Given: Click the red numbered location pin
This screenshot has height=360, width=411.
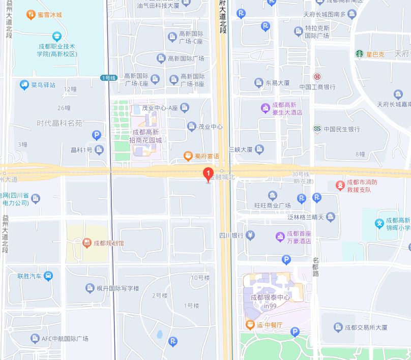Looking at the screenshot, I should point(208,174).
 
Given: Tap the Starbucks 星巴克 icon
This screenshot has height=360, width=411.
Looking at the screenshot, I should point(359,53).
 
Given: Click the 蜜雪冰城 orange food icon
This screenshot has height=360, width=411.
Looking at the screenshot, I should point(31,15).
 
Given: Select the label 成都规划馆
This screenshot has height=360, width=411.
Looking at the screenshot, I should point(108,243).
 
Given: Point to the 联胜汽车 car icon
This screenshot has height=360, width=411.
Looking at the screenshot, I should point(48,276).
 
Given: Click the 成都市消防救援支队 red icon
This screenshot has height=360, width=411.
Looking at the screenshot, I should point(340,186).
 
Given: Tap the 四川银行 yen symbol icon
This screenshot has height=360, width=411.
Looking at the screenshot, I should point(250,235).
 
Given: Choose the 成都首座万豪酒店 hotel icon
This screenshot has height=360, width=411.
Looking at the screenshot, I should point(279,236).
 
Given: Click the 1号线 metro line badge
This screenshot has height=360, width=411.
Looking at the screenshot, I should point(109,78).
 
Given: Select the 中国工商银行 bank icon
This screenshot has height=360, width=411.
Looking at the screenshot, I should point(317,77).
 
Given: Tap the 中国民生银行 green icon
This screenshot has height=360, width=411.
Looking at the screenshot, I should point(317,129).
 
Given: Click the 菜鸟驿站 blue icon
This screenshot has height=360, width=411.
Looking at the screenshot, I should point(24,84).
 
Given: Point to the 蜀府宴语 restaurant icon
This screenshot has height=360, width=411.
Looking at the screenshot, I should point(188,156).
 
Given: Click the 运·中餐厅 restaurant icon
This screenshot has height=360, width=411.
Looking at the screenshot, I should point(250,324).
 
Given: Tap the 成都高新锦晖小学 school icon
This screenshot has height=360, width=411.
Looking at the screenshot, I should point(379,223).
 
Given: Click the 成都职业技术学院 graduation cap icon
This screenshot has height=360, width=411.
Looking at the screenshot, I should point(56,36).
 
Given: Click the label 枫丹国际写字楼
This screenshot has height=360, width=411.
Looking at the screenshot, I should point(118,288).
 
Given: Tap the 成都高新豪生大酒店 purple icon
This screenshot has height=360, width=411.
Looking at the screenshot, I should point(265,108).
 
